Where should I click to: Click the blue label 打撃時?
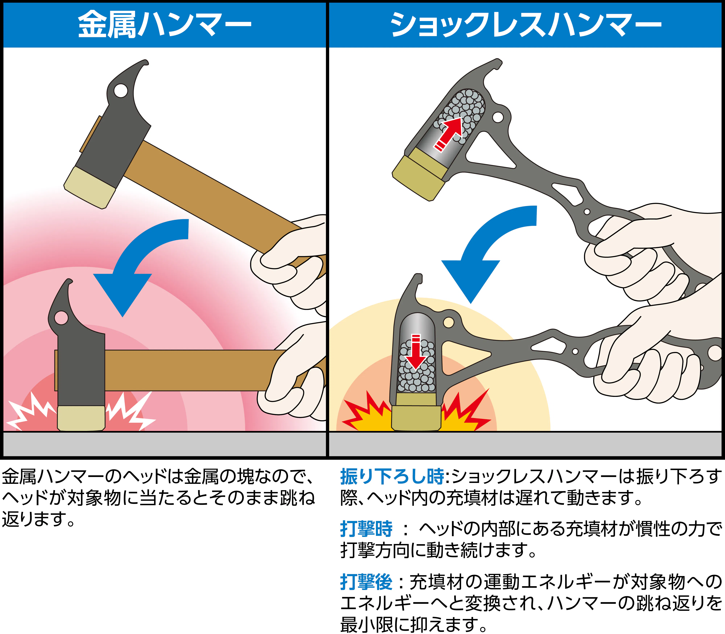(366, 529)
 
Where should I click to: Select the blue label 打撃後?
(366, 582)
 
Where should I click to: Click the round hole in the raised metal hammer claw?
(121, 91)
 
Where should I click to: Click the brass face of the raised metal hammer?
(90, 187)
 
